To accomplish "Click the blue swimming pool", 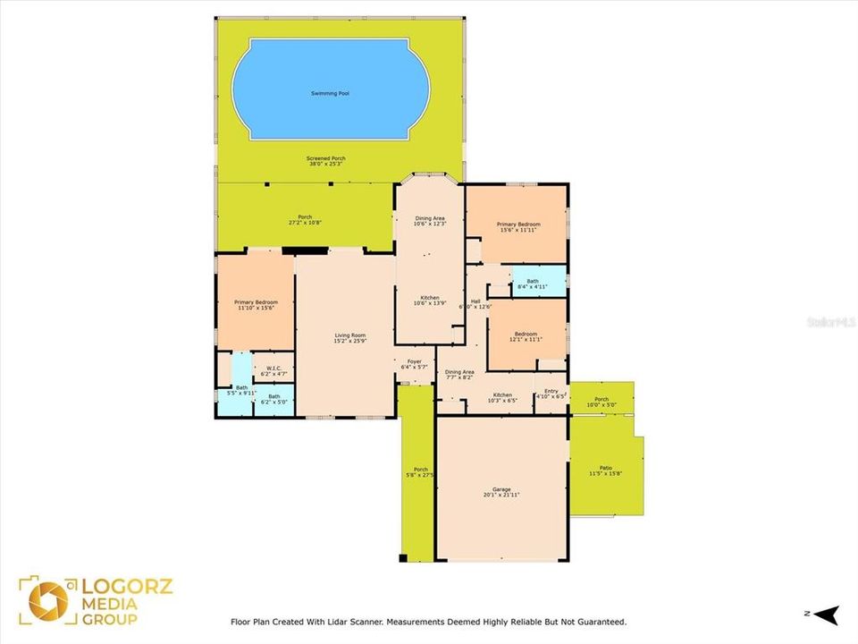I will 331,89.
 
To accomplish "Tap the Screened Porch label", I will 326,162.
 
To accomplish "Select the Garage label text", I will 501,492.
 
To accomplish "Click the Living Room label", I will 349,338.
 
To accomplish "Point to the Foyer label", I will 414,364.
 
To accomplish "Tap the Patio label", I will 605,470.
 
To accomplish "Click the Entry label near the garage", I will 551,393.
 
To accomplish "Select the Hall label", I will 476,302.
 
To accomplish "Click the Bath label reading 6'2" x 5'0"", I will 274,399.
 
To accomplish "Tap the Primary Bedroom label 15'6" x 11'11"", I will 518,225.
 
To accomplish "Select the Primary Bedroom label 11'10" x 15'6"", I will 256,305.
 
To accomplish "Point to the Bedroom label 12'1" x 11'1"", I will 526,336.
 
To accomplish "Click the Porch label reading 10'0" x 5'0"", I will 601,402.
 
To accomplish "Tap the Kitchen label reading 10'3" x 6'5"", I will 502,397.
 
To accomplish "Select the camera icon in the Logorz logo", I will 47,600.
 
